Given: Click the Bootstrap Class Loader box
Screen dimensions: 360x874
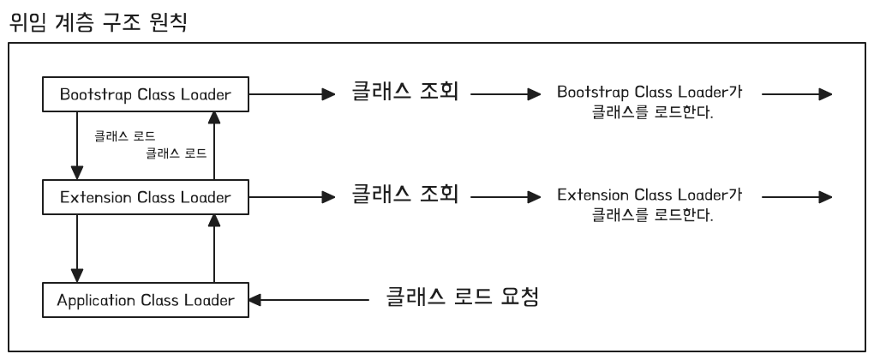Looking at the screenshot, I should pos(146,94).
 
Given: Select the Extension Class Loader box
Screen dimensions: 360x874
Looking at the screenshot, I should pos(146,197).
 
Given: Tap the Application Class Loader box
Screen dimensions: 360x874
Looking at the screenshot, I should pos(146,300).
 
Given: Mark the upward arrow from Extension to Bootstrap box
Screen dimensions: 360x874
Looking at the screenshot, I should pos(214,146).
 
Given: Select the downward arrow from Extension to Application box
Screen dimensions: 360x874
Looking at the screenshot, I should pos(78,249).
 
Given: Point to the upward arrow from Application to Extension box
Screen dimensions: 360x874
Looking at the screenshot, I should pos(214,249).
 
